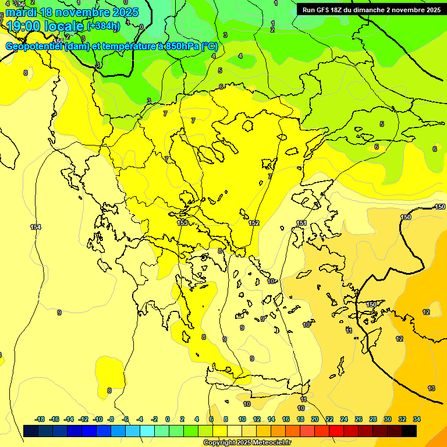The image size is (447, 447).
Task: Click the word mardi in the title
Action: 20,12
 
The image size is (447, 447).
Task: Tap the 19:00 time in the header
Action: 23,26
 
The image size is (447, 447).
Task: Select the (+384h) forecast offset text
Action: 103,26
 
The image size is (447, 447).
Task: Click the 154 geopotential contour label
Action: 36,227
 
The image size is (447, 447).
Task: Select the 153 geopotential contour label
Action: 182,223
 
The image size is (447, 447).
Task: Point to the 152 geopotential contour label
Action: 254,223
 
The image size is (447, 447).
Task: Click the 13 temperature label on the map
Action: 431,388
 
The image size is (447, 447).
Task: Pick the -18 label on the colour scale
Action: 40,419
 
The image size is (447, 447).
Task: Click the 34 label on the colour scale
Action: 417,419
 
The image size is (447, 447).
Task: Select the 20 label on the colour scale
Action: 315,419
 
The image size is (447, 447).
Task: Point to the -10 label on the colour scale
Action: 98,419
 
